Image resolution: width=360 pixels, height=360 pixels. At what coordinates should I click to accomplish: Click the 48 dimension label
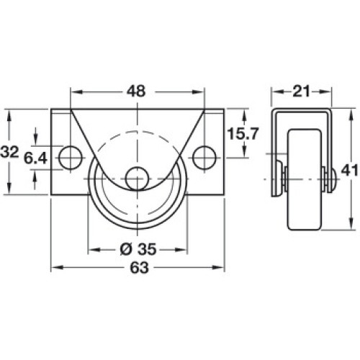[136, 91]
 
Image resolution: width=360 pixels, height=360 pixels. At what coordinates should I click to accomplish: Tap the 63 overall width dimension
[140, 268]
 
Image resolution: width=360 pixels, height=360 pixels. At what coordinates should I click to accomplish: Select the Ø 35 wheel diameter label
[138, 249]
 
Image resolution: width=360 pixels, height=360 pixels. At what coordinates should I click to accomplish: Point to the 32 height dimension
[9, 152]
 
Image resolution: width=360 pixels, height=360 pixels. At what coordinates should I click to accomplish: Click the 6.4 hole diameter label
[35, 158]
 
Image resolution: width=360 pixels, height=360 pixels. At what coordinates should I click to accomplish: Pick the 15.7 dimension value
[243, 134]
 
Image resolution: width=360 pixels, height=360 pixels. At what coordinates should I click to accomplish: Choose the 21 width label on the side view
[301, 91]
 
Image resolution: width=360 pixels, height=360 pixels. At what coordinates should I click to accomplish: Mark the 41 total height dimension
[350, 171]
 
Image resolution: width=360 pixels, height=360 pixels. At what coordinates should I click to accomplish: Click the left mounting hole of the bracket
[71, 158]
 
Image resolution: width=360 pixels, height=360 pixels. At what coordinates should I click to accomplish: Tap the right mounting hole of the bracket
[204, 158]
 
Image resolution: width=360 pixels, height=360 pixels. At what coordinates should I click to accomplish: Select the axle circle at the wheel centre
[138, 179]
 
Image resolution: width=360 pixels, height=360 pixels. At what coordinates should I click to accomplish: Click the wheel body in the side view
[305, 180]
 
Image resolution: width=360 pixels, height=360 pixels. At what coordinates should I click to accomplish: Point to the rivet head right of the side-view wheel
[333, 179]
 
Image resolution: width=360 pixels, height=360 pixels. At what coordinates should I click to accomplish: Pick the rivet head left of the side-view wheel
[279, 179]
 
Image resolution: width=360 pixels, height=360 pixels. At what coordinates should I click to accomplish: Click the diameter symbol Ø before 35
[126, 249]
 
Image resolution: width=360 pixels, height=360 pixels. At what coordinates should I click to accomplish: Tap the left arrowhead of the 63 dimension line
[57, 267]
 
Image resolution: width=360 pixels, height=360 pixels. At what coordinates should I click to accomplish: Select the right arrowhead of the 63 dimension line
[218, 267]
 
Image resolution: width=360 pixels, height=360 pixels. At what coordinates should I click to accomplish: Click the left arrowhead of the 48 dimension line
[76, 92]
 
